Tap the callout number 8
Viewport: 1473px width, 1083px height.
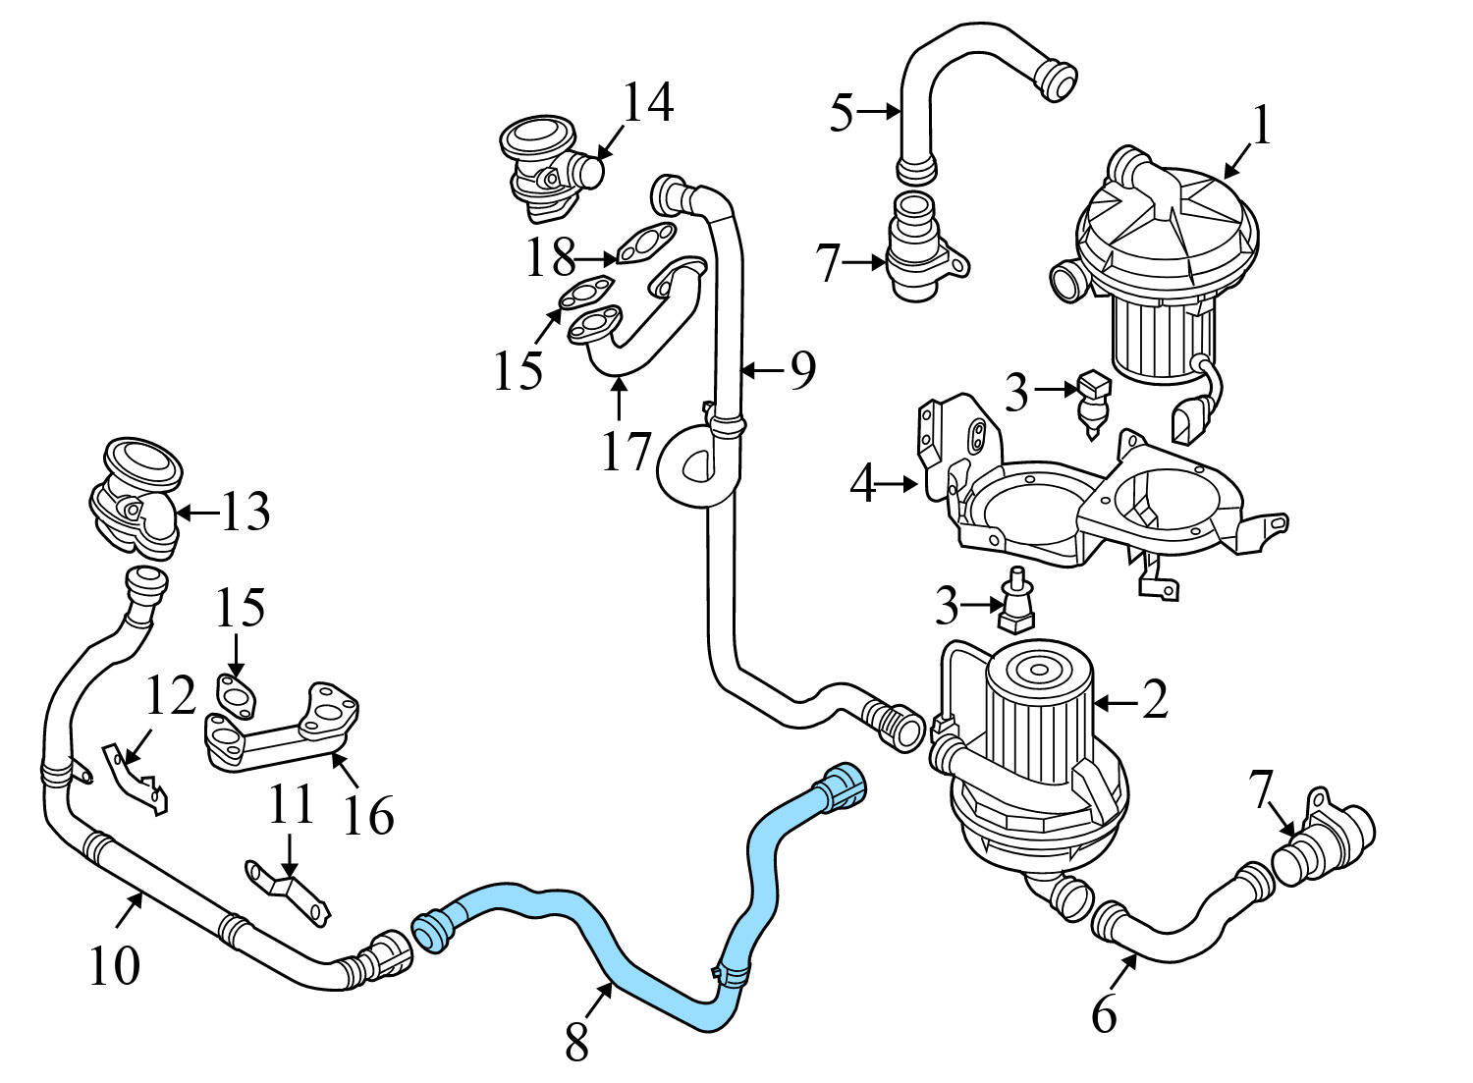[x=576, y=1043]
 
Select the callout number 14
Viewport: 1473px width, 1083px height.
[x=648, y=103]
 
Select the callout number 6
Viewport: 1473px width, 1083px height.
[x=1104, y=1015]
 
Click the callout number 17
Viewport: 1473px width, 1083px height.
[x=626, y=451]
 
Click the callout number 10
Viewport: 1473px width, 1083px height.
[x=115, y=966]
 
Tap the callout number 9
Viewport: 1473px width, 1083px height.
[x=802, y=370]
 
